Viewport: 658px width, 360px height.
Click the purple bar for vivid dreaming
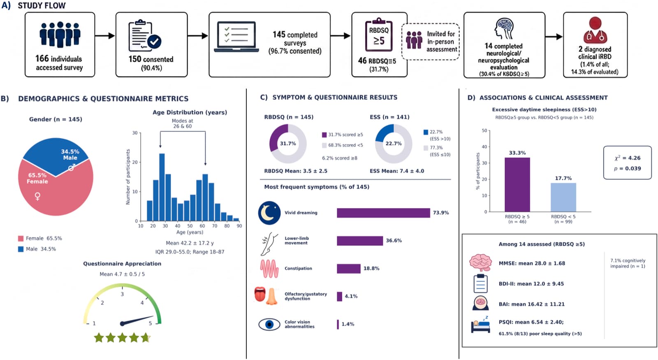(383, 213)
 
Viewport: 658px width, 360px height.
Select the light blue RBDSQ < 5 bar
(563, 197)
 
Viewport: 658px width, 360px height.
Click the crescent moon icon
(269, 213)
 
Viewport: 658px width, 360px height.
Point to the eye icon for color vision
(269, 325)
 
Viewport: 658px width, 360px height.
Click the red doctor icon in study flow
(595, 30)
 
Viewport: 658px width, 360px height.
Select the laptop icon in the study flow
(236, 37)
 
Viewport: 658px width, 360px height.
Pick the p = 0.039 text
(628, 169)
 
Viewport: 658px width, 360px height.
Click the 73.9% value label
(441, 213)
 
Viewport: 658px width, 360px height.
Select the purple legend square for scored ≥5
(324, 135)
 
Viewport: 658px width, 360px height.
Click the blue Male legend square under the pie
(21, 249)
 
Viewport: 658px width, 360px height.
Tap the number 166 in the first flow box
(42, 59)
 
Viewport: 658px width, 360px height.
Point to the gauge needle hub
(122, 323)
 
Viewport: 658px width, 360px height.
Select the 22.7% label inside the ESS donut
(394, 144)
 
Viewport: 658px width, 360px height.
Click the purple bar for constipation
(349, 269)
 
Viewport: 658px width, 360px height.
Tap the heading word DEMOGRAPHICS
(49, 99)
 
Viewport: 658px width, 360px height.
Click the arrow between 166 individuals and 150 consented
(105, 36)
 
